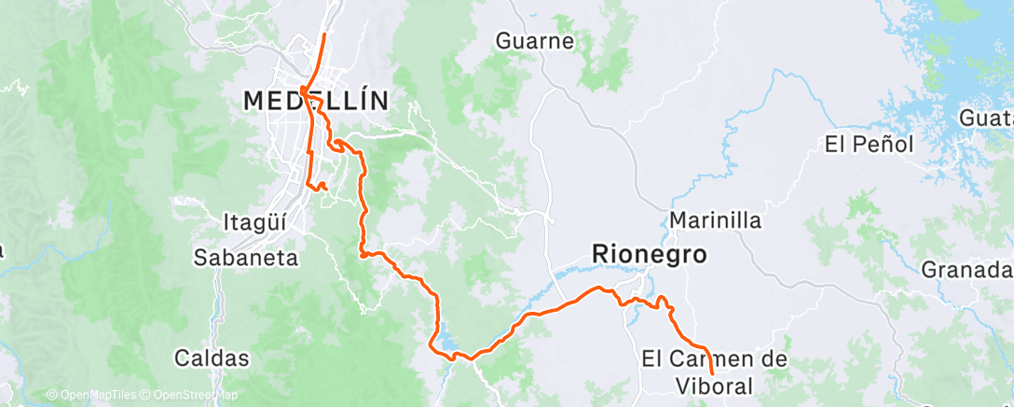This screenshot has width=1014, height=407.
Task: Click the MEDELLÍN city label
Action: coord(315,101)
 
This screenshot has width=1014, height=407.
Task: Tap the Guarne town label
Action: coord(535,41)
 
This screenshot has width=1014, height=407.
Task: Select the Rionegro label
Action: coord(649,253)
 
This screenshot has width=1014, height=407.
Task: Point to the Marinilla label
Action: coord(716,221)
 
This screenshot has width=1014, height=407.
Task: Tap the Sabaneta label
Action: coord(246,258)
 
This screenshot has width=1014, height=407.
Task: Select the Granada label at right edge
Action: coord(966,270)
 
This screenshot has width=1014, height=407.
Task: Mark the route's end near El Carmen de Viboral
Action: coord(713,373)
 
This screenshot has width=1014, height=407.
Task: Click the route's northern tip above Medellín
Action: coord(323,35)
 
